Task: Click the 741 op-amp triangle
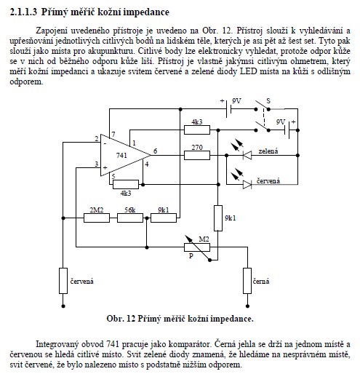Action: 121,155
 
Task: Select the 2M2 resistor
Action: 97,218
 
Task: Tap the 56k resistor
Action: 130,218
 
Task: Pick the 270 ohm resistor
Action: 197,156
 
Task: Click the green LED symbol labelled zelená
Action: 247,155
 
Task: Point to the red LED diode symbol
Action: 247,184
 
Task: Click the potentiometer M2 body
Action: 197,247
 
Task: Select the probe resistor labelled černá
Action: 247,281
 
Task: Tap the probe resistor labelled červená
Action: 63,281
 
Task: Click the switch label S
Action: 268,101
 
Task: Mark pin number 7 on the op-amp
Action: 113,135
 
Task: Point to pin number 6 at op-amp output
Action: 155,151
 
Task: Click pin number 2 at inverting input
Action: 97,139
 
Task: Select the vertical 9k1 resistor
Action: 218,218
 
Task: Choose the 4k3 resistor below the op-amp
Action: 126,184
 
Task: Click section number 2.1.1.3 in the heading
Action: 23,12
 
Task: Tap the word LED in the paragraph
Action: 249,71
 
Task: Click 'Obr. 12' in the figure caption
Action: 121,319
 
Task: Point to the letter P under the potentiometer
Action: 191,256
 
